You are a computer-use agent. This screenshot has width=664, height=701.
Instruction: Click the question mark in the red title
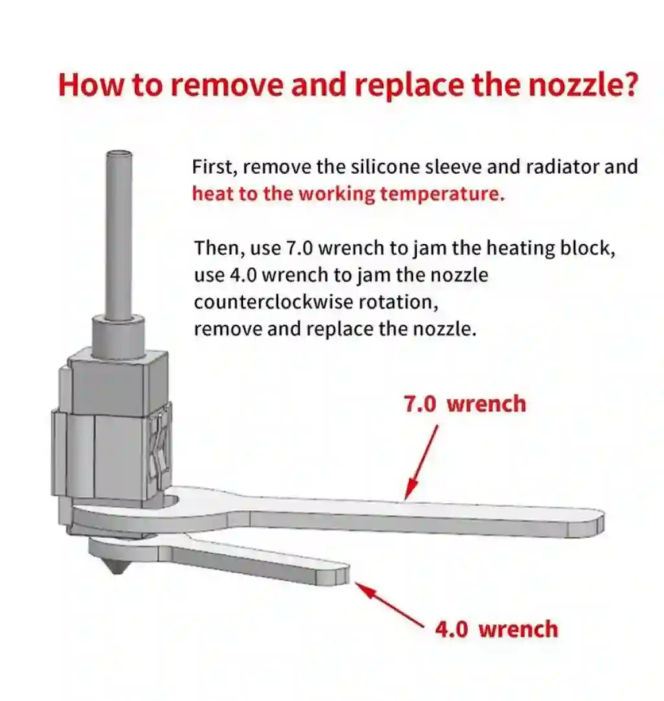click(628, 84)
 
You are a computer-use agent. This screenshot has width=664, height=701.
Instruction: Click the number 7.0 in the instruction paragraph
click(300, 248)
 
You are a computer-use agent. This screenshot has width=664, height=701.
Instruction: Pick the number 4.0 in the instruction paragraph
click(243, 275)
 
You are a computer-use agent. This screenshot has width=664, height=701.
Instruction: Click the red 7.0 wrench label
click(465, 404)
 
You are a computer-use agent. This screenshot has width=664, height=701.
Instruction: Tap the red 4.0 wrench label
click(497, 630)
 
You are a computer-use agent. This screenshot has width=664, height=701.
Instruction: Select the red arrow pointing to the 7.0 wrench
click(421, 462)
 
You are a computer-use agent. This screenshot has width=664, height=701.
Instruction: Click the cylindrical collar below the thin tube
click(119, 337)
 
